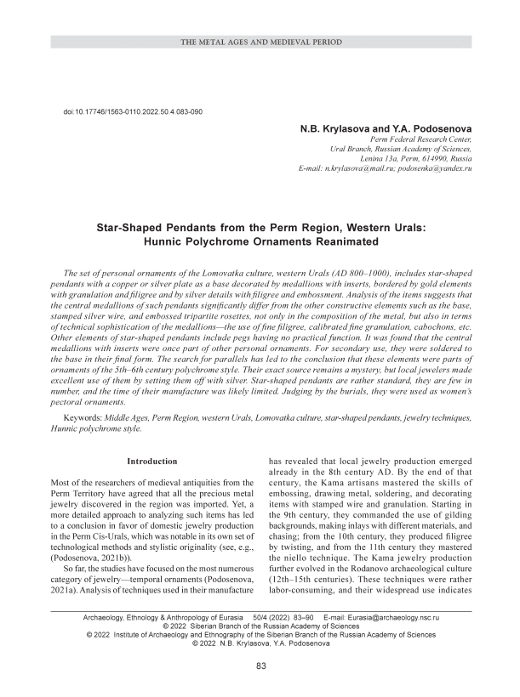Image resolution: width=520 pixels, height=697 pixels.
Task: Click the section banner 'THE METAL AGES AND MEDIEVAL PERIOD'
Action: tap(260, 41)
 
